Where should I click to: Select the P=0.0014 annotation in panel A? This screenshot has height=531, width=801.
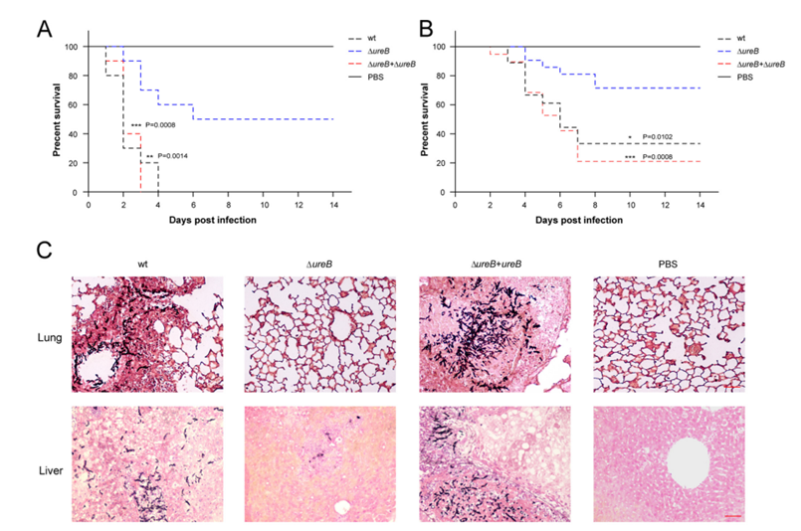click(x=168, y=157)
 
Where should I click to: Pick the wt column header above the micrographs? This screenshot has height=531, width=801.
click(x=146, y=263)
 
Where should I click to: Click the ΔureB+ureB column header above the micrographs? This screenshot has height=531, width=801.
click(x=494, y=263)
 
